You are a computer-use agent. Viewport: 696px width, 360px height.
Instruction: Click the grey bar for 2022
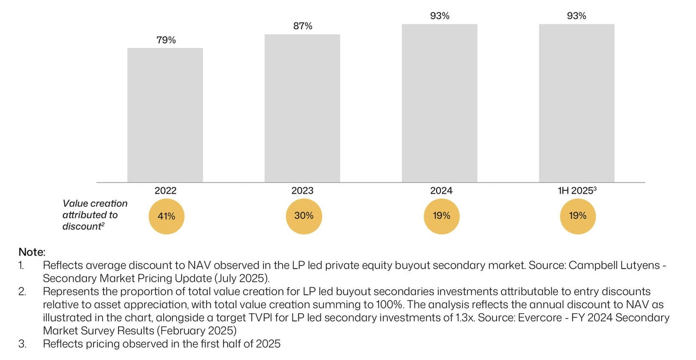pos(165,115)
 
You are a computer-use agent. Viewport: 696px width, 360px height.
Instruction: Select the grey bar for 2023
pos(302,108)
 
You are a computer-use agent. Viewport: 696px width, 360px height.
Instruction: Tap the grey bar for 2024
pos(439,103)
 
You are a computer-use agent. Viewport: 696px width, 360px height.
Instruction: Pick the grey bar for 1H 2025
pos(576,103)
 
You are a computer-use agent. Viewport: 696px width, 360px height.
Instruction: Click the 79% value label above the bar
pos(166,40)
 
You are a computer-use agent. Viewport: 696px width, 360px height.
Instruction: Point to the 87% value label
pos(302,26)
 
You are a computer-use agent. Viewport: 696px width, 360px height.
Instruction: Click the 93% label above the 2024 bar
pos(439,16)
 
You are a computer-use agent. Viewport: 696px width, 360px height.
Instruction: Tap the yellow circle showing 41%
pos(166,216)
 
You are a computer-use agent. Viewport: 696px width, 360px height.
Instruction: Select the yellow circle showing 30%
pos(303,216)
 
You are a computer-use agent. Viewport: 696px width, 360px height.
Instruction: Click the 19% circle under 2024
pos(442,216)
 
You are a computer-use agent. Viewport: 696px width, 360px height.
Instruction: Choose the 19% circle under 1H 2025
pos(577,216)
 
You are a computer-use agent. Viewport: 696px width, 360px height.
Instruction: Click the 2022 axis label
pos(165,191)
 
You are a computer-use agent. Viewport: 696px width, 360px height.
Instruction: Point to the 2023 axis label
pos(302,191)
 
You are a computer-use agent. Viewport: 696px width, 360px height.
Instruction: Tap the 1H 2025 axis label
pos(577,191)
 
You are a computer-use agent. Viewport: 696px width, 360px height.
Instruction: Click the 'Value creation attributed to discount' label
pos(95,215)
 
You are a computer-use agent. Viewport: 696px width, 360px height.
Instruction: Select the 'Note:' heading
pos(32,252)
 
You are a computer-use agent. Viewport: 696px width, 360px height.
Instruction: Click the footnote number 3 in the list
pos(22,344)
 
